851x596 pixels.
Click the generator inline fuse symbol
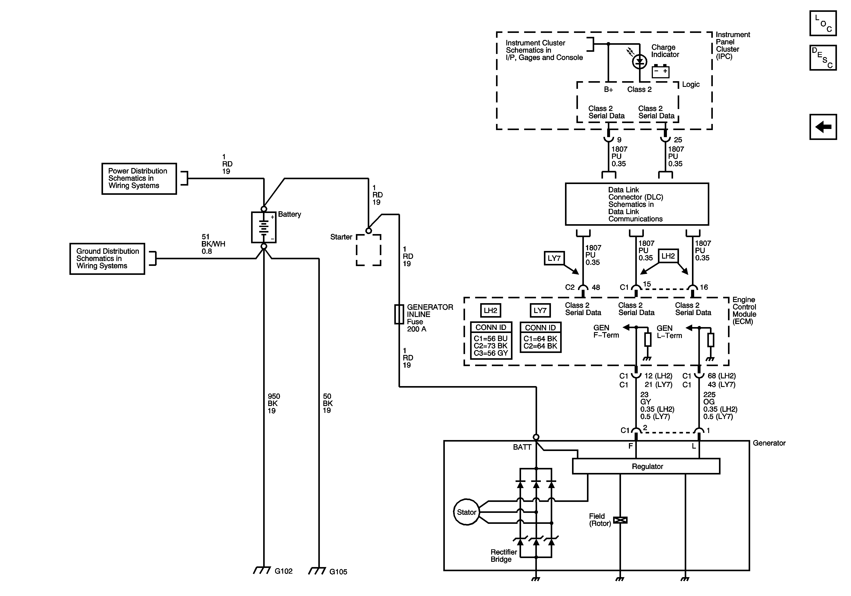click(399, 314)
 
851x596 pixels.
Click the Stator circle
click(466, 512)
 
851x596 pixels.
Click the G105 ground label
click(338, 572)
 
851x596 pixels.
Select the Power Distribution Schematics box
click(139, 178)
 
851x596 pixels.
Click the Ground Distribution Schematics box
click(107, 258)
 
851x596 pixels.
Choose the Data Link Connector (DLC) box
click(636, 204)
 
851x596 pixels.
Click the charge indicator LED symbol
click(639, 61)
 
